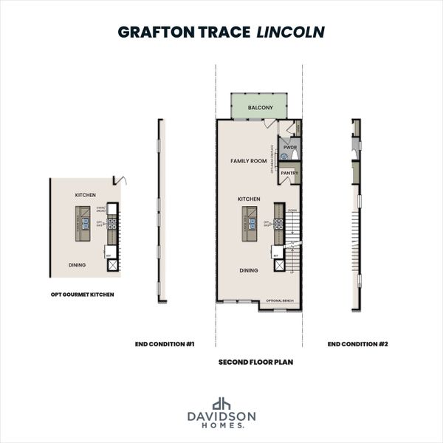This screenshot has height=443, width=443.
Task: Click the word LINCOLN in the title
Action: (290, 32)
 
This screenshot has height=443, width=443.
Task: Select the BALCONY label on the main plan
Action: (260, 108)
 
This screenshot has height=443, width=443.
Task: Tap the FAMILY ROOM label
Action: (248, 160)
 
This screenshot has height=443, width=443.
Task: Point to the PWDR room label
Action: (289, 147)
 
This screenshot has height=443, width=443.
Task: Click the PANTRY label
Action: (289, 174)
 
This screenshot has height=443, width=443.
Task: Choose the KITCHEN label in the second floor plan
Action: (248, 199)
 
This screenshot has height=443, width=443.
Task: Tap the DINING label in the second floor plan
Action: (248, 270)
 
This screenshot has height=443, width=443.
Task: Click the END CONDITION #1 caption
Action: (165, 343)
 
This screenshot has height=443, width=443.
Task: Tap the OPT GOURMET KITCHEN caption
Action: (82, 294)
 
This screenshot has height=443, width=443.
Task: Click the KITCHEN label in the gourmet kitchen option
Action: (85, 195)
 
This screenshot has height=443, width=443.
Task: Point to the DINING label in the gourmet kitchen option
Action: (77, 264)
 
